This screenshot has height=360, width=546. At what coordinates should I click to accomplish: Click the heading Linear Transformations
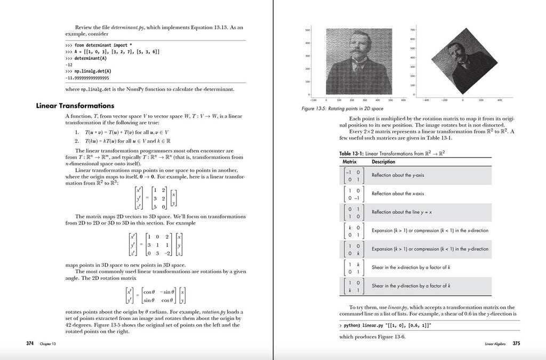click(75, 106)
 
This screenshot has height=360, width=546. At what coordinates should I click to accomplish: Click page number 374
click(30, 343)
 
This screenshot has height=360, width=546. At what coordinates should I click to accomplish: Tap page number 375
click(516, 343)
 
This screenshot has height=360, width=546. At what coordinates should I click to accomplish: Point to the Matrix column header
click(349, 162)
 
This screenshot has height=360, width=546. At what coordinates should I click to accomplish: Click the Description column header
click(383, 162)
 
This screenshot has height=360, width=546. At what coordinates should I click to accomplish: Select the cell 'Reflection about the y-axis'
click(398, 175)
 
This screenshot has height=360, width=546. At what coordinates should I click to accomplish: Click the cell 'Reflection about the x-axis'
click(398, 194)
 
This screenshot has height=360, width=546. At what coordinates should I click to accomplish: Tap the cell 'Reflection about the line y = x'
click(402, 212)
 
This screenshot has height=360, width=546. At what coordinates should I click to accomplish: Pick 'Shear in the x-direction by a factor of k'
click(411, 267)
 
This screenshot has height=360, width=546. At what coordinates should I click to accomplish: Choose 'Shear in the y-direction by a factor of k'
click(411, 286)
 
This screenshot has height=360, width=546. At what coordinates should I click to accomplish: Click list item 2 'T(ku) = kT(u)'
click(123, 141)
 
